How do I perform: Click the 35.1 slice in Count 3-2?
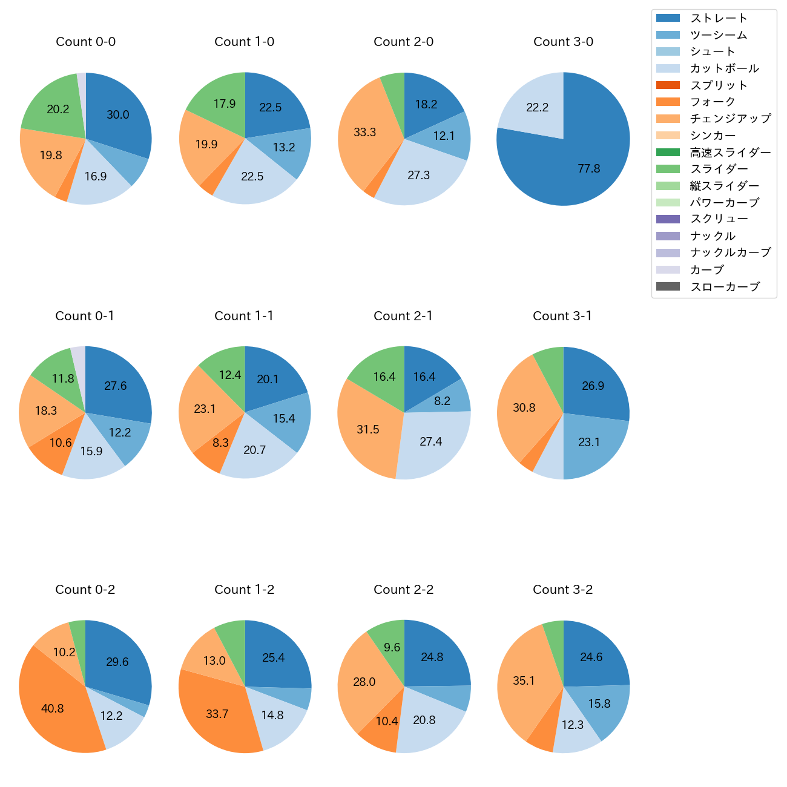[524, 681]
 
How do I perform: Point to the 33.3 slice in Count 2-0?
[365, 132]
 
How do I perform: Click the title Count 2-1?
[403, 316]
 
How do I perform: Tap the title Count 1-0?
[244, 42]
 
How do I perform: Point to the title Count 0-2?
[85, 590]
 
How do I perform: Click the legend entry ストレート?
[718, 18]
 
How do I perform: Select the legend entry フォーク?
[713, 102]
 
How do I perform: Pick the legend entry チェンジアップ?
[729, 119]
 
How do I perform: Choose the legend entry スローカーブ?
[724, 286]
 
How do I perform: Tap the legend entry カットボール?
[724, 68]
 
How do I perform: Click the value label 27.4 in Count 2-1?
[430, 441]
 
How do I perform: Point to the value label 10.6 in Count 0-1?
[61, 443]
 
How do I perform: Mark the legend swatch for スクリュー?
[668, 219]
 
